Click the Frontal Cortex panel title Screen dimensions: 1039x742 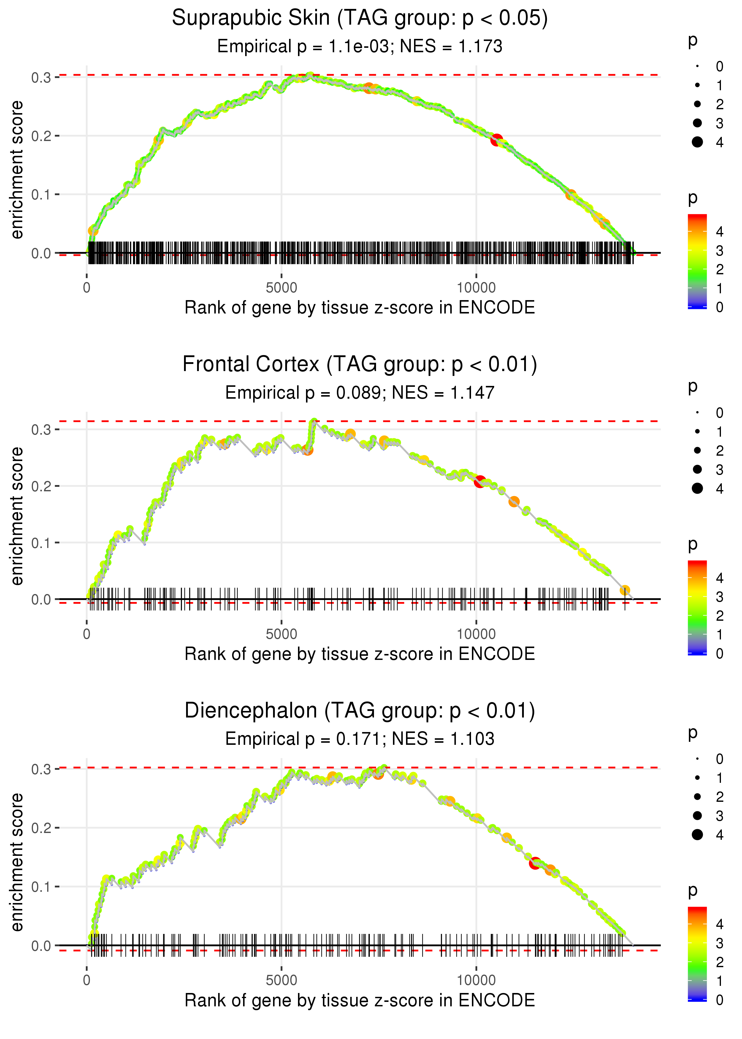pyautogui.click(x=360, y=365)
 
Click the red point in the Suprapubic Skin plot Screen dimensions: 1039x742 pyautogui.click(x=497, y=140)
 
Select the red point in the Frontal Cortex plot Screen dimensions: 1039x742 pyautogui.click(x=479, y=482)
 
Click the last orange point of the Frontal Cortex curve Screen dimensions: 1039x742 pyautogui.click(x=624, y=590)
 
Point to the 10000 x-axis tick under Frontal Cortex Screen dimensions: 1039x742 pyautogui.click(x=476, y=634)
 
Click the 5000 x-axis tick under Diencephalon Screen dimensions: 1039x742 pyautogui.click(x=281, y=981)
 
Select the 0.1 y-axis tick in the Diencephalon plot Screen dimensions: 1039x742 pyautogui.click(x=41, y=887)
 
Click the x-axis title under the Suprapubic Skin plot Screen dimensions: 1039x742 pyautogui.click(x=360, y=308)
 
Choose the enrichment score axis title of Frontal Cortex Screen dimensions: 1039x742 pyautogui.click(x=17, y=516)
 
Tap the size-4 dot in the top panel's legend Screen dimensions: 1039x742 pyautogui.click(x=697, y=142)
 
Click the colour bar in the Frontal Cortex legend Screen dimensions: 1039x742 pyautogui.click(x=697, y=608)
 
